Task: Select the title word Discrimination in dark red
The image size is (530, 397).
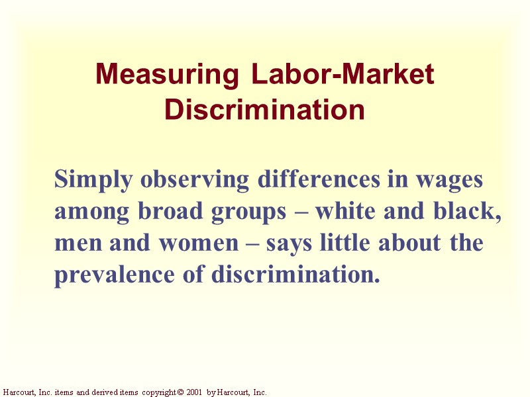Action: pos(264,109)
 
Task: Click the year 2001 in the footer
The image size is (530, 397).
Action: pos(194,392)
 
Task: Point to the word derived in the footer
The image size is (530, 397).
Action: pos(99,392)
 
